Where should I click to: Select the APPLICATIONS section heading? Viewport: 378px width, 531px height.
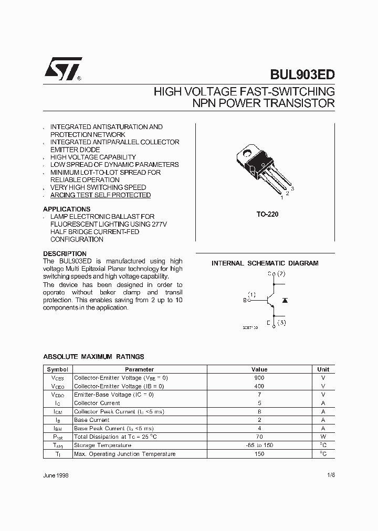(x=67, y=209)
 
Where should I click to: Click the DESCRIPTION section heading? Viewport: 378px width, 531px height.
(x=65, y=253)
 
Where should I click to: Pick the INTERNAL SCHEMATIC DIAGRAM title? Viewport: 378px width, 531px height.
(x=265, y=263)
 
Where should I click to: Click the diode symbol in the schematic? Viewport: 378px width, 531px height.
(x=285, y=300)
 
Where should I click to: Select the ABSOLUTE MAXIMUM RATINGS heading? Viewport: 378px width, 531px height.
(x=93, y=357)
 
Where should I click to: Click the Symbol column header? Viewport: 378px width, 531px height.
(x=57, y=369)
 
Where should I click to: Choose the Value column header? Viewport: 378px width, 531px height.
(x=259, y=369)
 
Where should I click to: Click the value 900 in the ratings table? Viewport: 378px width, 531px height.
(x=259, y=378)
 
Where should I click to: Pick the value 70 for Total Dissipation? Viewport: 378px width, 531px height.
(x=259, y=437)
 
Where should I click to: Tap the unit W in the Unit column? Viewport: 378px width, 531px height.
(x=323, y=437)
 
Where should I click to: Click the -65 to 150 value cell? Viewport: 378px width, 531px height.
(x=259, y=445)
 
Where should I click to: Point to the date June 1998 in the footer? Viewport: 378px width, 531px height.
(x=56, y=475)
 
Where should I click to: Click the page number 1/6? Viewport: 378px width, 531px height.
(x=330, y=475)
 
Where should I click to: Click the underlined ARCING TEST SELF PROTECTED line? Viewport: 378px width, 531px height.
(x=100, y=195)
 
